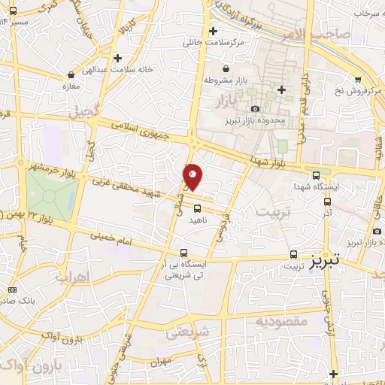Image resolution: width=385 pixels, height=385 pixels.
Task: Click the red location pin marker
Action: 193,177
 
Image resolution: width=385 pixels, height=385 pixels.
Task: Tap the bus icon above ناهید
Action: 197,208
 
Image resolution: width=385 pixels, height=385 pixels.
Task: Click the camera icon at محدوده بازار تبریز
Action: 254,110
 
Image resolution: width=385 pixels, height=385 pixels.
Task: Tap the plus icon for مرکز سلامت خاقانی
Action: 214,32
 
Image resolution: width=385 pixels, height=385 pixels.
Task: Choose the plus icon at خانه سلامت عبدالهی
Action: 117,58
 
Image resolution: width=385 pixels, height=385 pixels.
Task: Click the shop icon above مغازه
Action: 71,75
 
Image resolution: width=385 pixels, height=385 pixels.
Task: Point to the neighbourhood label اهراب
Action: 72,277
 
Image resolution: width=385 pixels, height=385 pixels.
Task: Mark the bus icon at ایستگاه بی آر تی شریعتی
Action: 184,253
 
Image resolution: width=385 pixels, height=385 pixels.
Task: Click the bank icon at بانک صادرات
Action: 11,290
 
